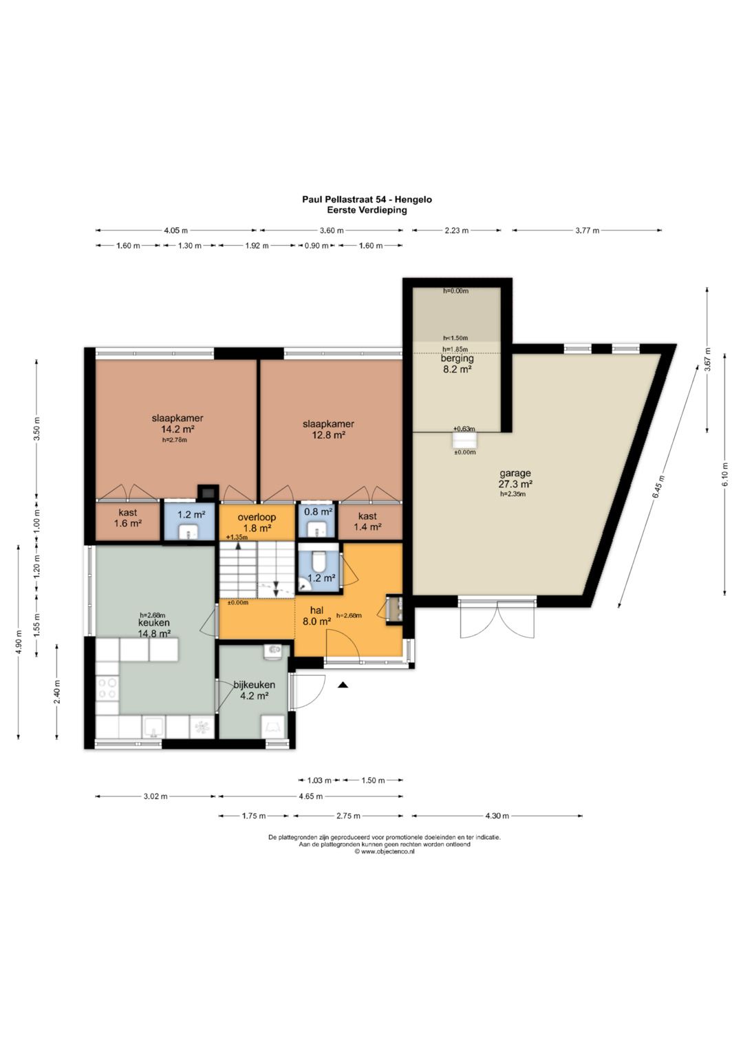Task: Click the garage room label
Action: tap(515, 478)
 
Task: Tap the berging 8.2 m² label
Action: tap(457, 363)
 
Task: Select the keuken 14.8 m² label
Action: tap(154, 628)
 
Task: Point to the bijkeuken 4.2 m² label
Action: tap(255, 690)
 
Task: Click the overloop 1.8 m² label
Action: tap(257, 522)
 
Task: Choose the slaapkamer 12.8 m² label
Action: tap(328, 429)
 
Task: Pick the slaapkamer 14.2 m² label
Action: tap(177, 423)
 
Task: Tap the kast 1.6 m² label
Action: tap(127, 518)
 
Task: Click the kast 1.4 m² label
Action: tap(367, 521)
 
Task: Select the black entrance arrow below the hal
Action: tap(343, 686)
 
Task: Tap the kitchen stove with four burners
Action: tap(107, 688)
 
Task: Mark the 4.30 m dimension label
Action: tap(497, 816)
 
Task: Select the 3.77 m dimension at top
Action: tap(588, 231)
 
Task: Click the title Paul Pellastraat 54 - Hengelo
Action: tap(367, 200)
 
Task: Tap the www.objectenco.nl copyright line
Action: tap(385, 851)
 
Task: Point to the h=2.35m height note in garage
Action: tap(513, 493)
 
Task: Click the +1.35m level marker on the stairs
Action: tap(237, 538)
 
